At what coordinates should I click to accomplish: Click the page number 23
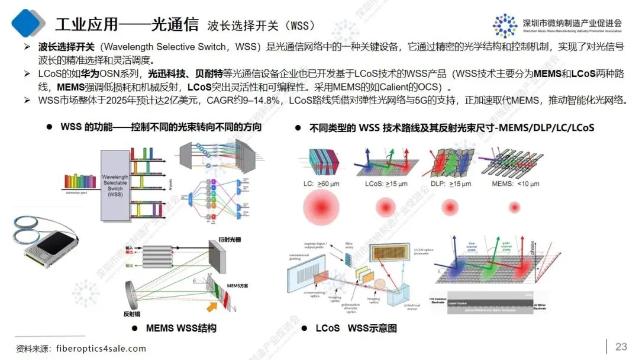(621, 346)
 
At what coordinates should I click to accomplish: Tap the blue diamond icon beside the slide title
(28, 22)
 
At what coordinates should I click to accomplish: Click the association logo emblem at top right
(505, 25)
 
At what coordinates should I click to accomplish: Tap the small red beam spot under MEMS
(512, 207)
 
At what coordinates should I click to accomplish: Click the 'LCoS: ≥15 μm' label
(388, 184)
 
